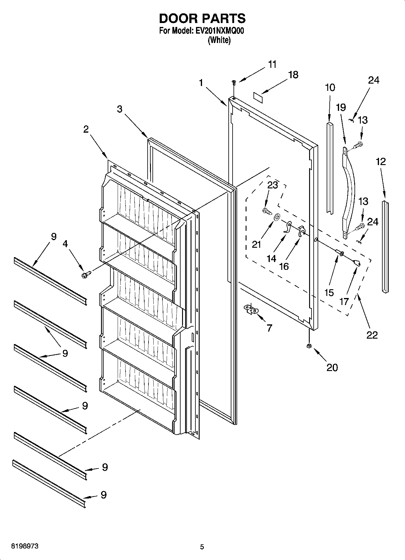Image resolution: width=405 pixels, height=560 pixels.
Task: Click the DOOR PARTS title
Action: (202, 18)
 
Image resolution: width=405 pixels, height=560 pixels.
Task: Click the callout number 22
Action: (372, 335)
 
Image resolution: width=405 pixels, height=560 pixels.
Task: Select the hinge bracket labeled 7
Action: (251, 310)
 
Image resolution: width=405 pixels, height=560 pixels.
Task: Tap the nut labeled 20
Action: (309, 346)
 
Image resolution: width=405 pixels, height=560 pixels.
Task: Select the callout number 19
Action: (341, 108)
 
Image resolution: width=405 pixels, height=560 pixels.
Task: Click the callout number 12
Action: (381, 162)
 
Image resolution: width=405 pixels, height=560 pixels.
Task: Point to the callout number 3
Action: (120, 109)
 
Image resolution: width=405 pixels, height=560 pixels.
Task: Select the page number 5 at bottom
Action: (202, 547)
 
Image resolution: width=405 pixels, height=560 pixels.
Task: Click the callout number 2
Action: (86, 129)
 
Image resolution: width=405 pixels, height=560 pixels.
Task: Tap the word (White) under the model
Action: (219, 40)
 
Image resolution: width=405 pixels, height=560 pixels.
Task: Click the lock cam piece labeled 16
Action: (301, 231)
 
